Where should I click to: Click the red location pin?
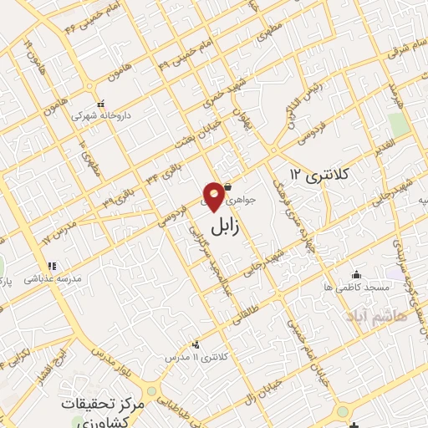tap(214, 196)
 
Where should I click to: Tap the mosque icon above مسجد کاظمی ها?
tap(357, 274)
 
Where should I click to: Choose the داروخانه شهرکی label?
tap(100, 116)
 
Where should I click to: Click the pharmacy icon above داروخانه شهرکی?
tap(100, 104)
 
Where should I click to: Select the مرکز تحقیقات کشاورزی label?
tap(103, 410)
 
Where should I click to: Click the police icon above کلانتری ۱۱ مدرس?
tap(196, 344)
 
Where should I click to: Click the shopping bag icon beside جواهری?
tap(227, 189)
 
